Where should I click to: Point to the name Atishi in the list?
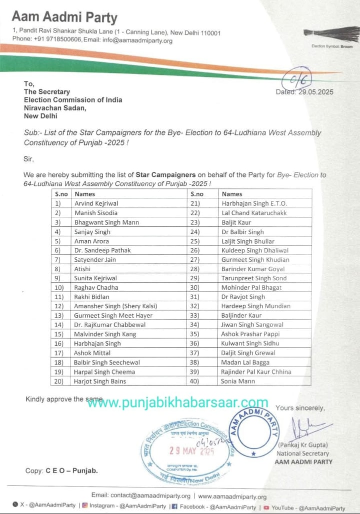tap(82, 269)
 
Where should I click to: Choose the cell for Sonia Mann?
tap(238, 381)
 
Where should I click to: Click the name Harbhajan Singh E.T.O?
tap(254, 203)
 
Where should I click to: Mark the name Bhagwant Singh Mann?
tap(107, 222)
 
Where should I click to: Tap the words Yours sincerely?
tap(300, 408)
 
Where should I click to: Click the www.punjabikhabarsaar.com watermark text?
tap(178, 403)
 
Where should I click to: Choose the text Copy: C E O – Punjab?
tap(61, 471)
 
